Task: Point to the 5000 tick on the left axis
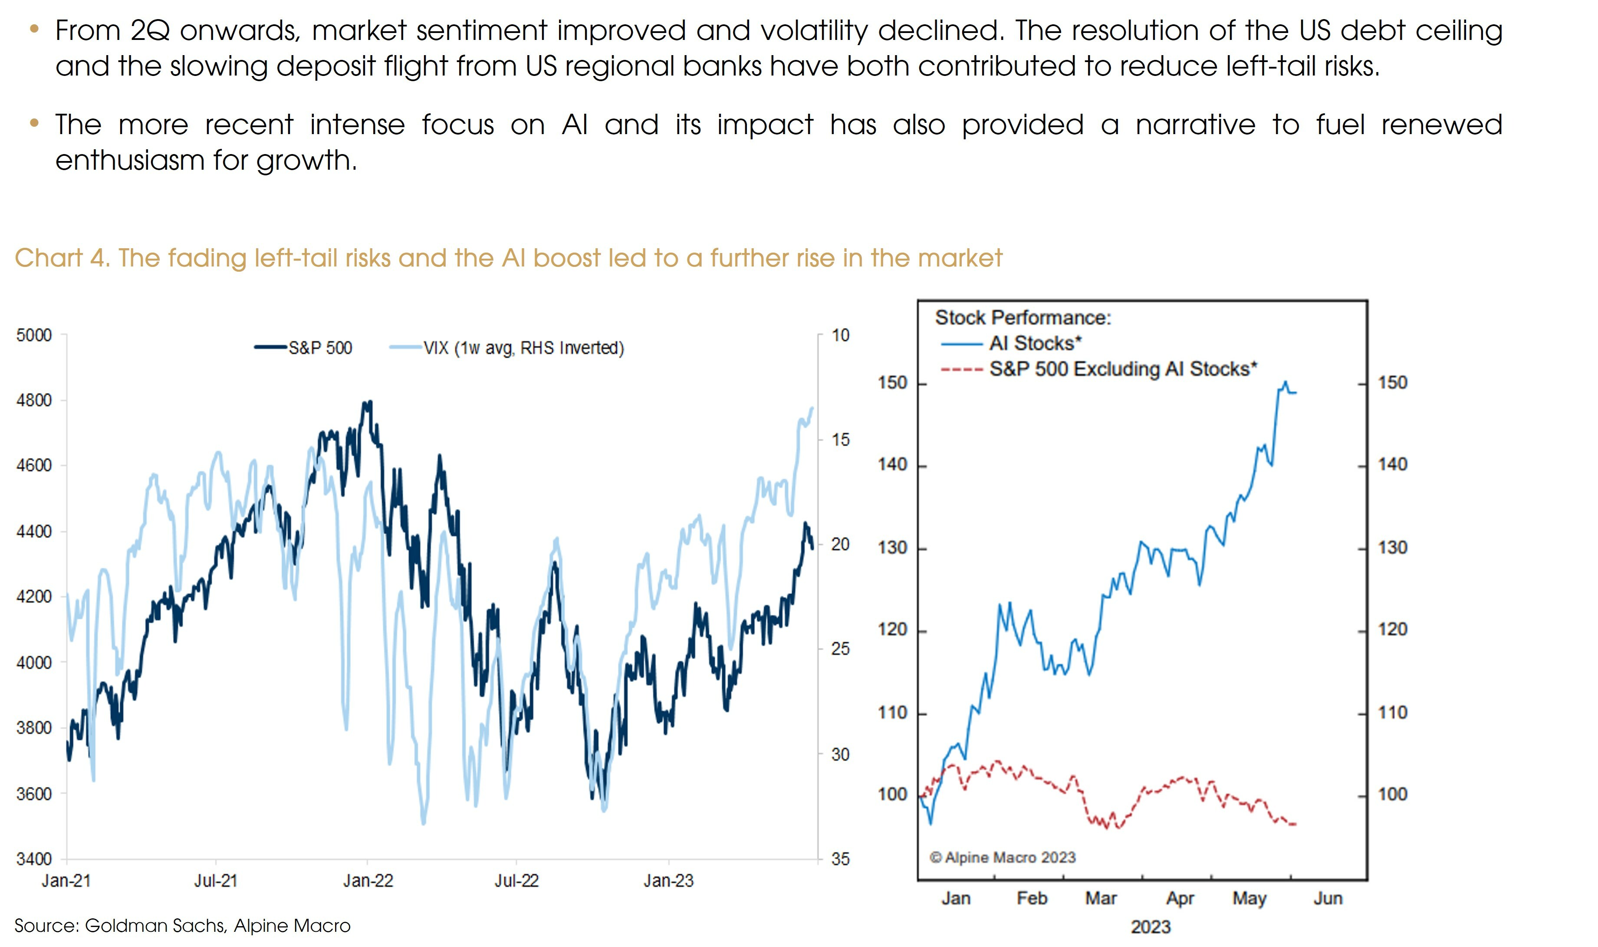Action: (34, 335)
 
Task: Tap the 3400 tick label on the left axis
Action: (34, 859)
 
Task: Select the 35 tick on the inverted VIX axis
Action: (840, 859)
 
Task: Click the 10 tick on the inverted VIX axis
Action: (840, 335)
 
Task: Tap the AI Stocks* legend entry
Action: (1035, 343)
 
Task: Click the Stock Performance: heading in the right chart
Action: (1023, 317)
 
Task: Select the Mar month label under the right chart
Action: (1101, 898)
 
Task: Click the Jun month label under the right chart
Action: (1328, 898)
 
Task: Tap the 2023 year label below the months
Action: (1150, 927)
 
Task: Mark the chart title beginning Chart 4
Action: (508, 258)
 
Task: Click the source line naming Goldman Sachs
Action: (182, 925)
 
